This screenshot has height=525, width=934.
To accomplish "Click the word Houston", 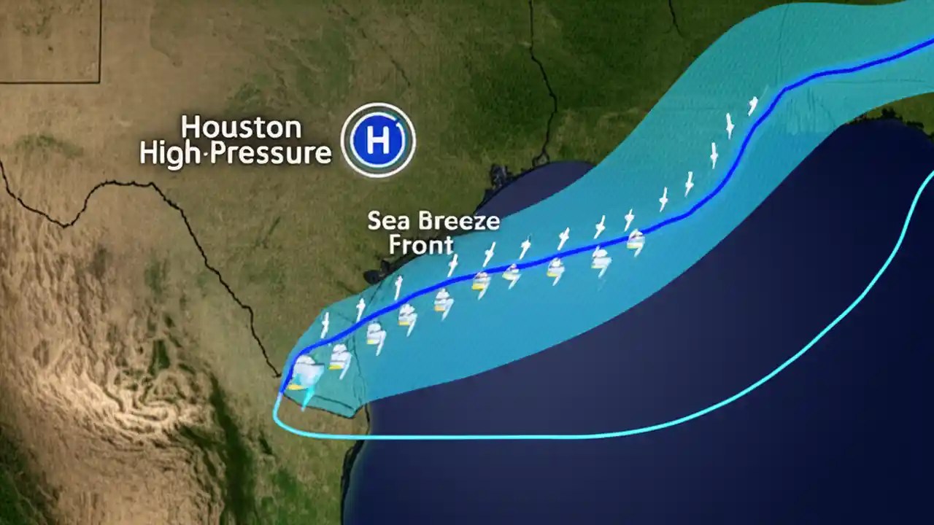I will pos(241,127).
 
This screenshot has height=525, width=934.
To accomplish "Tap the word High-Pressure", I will pos(235,154).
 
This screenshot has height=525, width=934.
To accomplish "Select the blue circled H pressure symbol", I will pos(378,140).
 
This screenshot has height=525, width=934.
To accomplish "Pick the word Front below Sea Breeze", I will pos(420,245).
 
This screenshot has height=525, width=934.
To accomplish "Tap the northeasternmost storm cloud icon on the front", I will pos(636,241).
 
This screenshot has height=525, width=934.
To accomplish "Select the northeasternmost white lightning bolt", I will pos(753,106).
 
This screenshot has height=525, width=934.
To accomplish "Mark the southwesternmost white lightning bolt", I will pos(325,323).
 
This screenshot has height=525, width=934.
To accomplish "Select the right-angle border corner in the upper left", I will pos(99,81).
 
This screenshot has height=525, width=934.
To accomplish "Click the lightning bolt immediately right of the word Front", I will pos(452,264).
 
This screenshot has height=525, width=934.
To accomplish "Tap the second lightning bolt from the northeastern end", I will pos(729,125).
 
